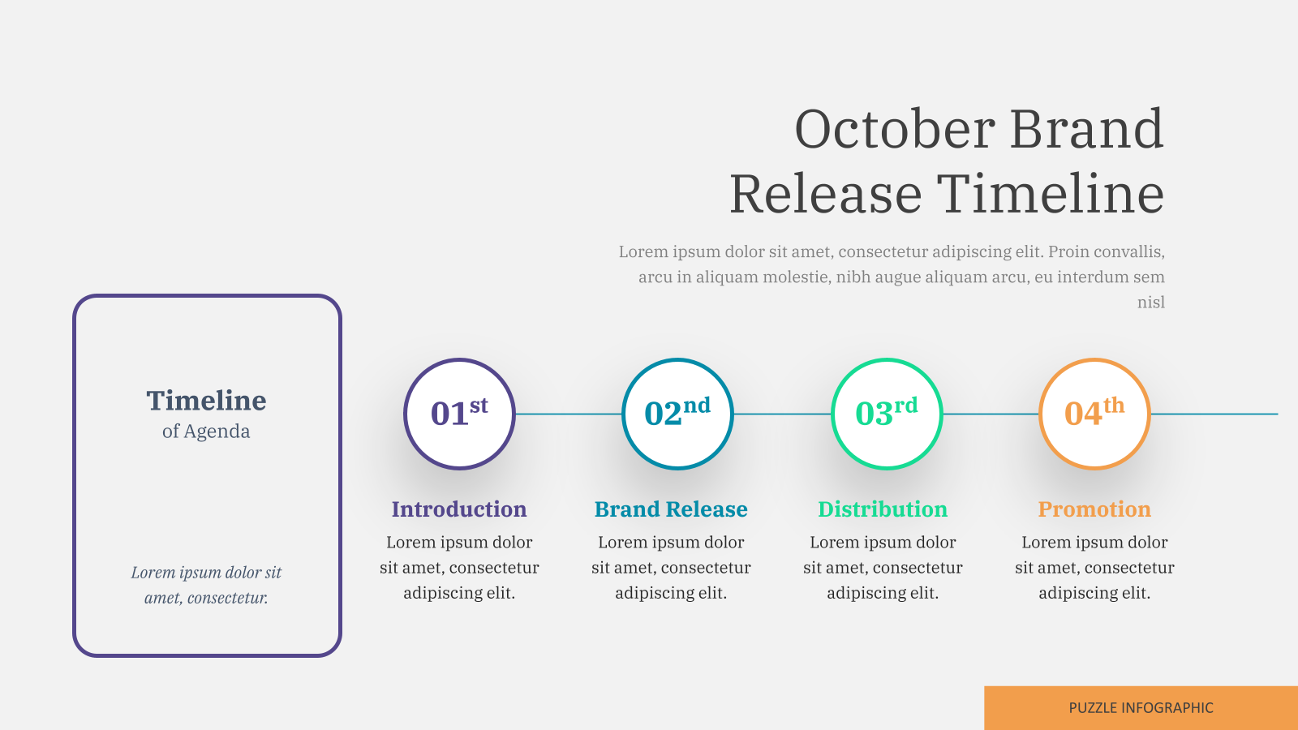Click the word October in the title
pos(896,129)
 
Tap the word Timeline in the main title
pos(1051,194)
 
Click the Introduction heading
pos(459,509)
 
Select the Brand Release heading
pos(671,509)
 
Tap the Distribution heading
pos(883,509)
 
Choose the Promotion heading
pos(1094,509)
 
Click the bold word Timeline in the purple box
pos(206,401)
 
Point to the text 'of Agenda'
pos(206,432)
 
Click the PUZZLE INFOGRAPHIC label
pos(1141,708)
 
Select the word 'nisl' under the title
pos(1151,302)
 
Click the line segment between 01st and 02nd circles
pos(569,414)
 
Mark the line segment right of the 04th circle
pos(1214,414)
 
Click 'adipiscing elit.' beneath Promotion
pos(1094,593)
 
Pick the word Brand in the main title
pos(1087,129)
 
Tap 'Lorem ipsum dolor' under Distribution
pos(883,543)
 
